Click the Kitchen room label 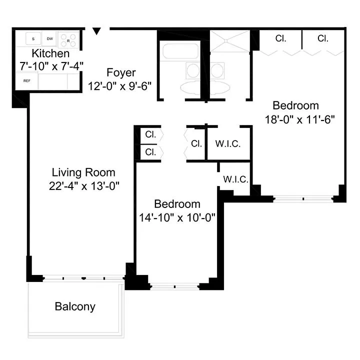click(50, 53)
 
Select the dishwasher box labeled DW click(50, 38)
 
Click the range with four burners click(68, 39)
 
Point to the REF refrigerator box click(26, 81)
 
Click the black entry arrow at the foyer click(97, 31)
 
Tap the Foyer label click(121, 73)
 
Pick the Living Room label click(83, 172)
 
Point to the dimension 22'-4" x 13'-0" click(83, 185)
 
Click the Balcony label click(75, 306)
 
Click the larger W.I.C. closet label click(228, 144)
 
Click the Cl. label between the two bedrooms click(196, 144)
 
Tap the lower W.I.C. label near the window click(235, 179)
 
